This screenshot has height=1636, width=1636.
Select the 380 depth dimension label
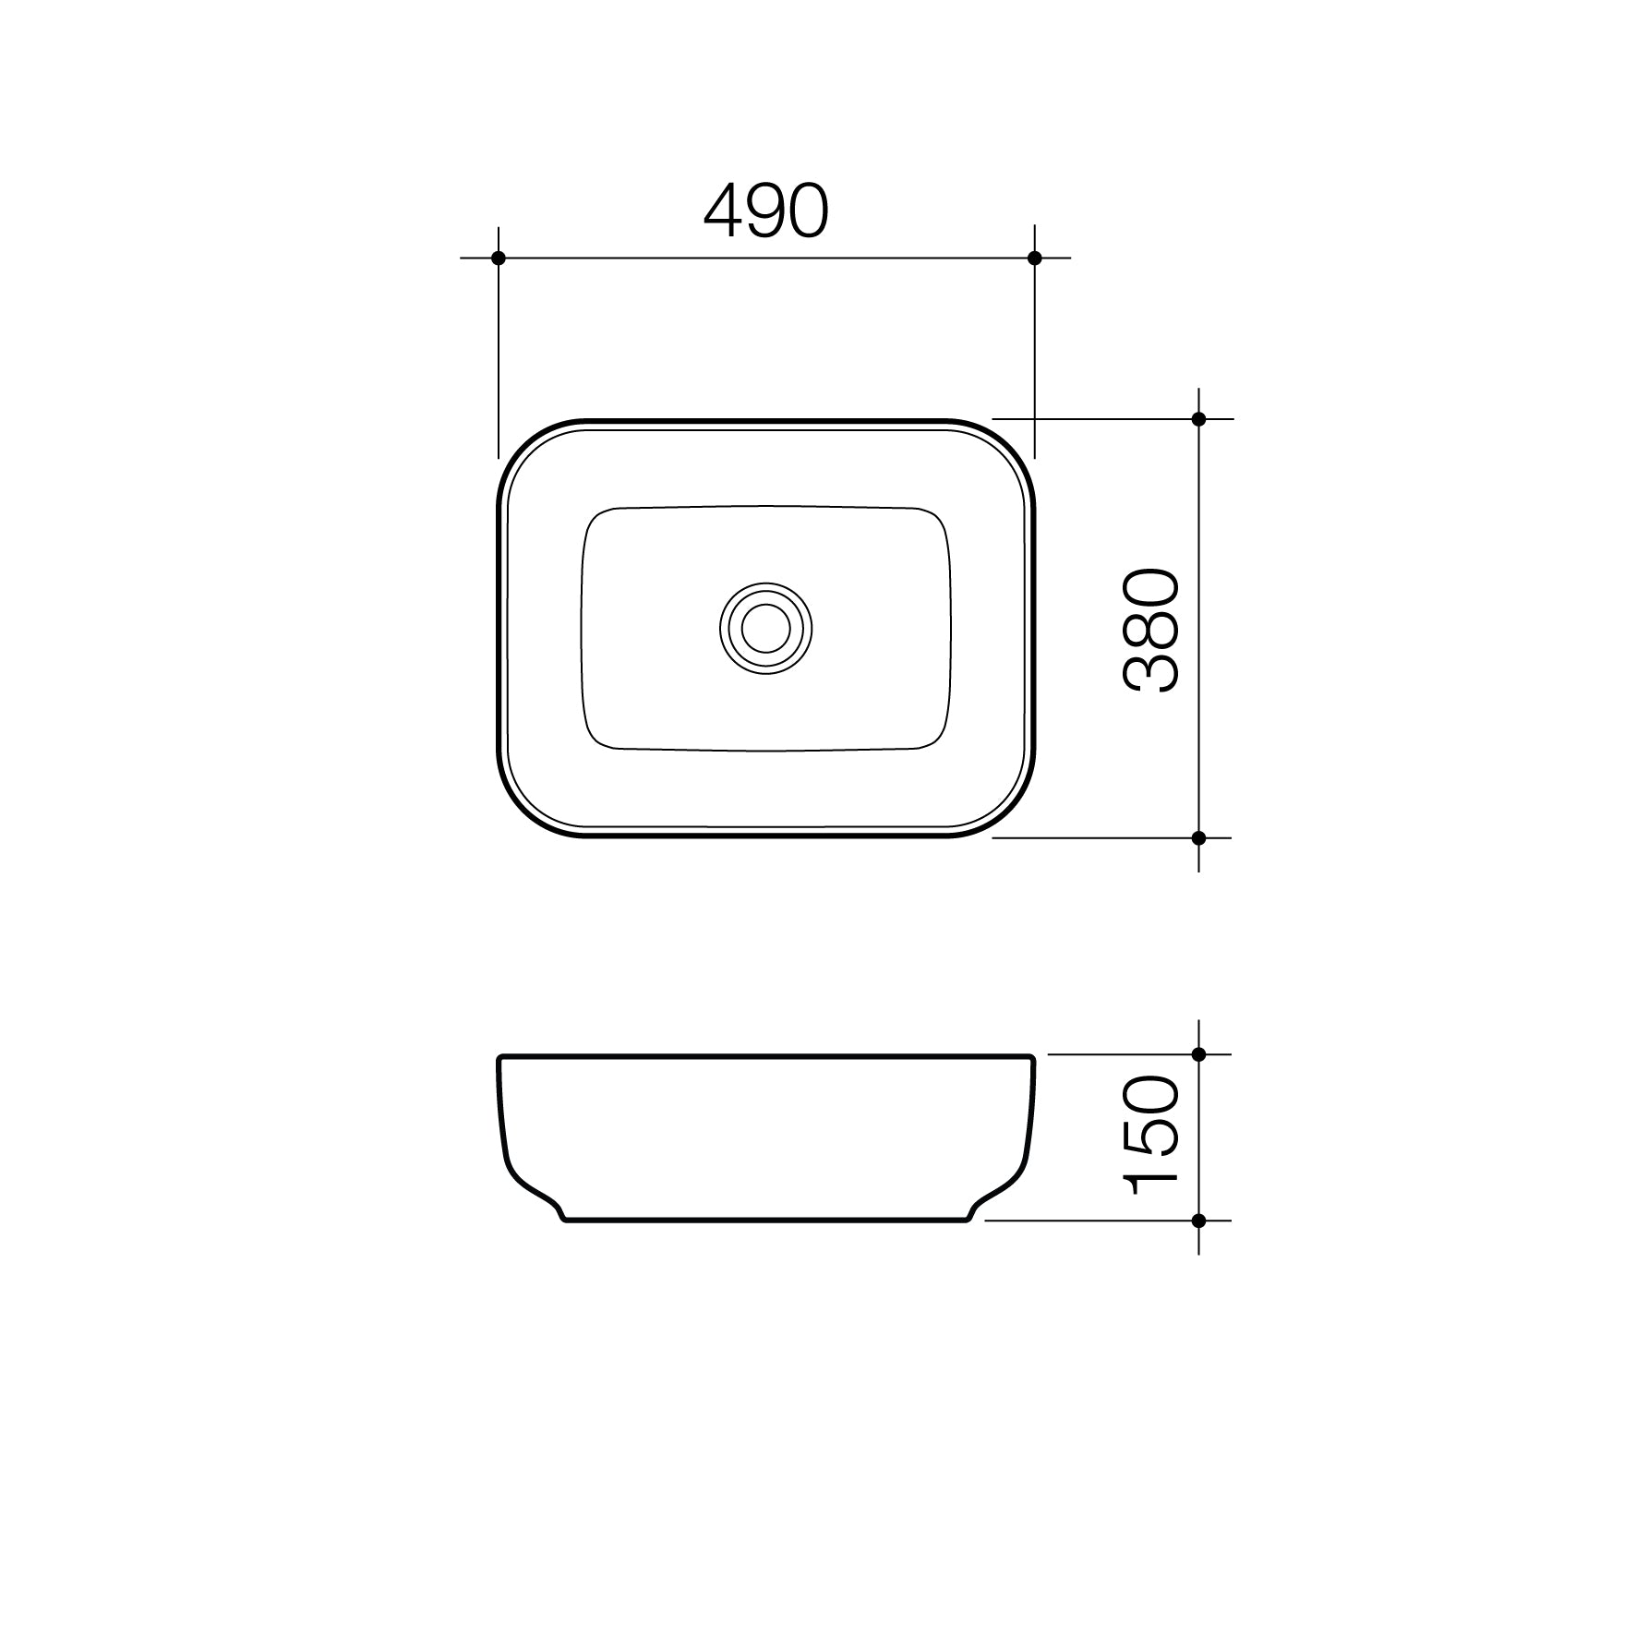pos(1151,631)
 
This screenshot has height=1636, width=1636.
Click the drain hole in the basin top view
pos(766,629)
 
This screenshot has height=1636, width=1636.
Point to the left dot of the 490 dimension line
pos(499,258)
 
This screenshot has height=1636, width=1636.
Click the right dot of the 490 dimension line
pos(1034,258)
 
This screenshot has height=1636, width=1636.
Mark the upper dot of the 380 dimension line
pos(1198,419)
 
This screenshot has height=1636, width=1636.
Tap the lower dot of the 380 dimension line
pos(1198,838)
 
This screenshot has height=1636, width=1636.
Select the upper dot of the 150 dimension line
pos(1198,1054)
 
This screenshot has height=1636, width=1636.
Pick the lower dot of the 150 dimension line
pos(1198,1221)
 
